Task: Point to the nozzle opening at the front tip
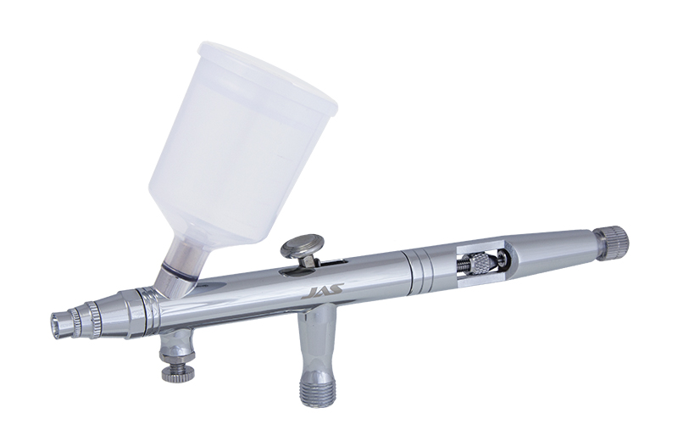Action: click(x=57, y=322)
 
